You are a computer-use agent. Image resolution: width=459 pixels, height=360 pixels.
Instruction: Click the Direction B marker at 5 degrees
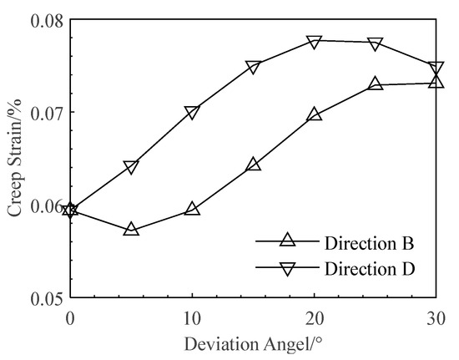(131, 228)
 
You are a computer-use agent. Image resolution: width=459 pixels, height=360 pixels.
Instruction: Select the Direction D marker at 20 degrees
(315, 42)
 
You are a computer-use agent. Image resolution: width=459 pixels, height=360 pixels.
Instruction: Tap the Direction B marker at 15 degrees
(253, 164)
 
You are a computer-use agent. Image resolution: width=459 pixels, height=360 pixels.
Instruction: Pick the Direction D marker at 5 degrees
(131, 168)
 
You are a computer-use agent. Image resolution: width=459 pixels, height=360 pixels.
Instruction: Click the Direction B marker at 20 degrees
(315, 114)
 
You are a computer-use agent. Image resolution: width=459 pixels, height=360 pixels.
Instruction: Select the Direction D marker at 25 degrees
(376, 43)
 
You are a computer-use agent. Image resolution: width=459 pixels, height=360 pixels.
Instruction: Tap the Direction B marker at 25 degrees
(376, 84)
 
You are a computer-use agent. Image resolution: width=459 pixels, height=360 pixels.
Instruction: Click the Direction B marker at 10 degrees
(192, 208)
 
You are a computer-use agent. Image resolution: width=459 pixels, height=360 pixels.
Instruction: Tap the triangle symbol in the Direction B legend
(288, 241)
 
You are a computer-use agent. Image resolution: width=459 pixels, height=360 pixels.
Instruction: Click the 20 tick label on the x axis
(315, 318)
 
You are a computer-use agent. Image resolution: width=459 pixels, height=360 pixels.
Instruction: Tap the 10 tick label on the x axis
(192, 318)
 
